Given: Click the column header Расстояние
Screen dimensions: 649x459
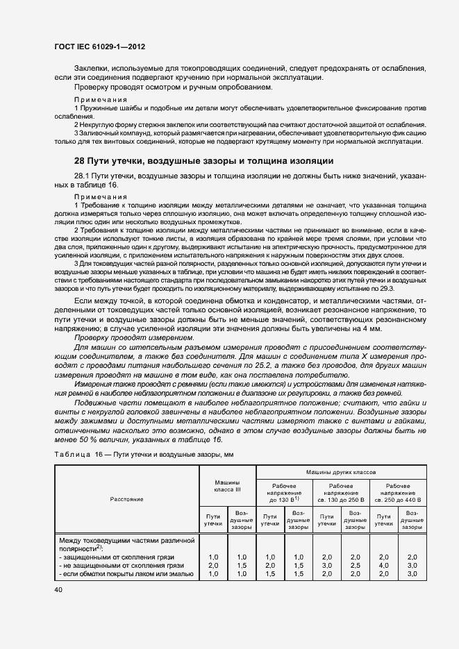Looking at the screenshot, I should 126,498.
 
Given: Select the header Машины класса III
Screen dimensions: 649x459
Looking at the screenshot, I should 227,487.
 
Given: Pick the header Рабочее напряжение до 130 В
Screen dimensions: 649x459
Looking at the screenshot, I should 285,493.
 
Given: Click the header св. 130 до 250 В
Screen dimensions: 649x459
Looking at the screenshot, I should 341,499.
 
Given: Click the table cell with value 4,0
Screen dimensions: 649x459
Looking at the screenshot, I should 383,566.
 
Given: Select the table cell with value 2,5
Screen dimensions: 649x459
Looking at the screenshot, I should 355,566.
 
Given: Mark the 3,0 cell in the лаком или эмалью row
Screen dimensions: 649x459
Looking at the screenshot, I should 412,574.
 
